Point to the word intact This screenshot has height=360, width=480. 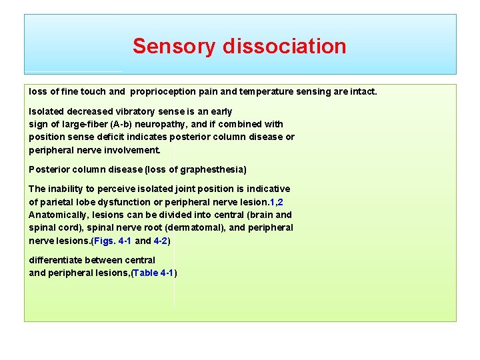pos(362,91)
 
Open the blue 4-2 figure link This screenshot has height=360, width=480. pos(161,241)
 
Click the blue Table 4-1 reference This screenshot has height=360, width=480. pos(154,273)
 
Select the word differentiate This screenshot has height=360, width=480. pos(55,260)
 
